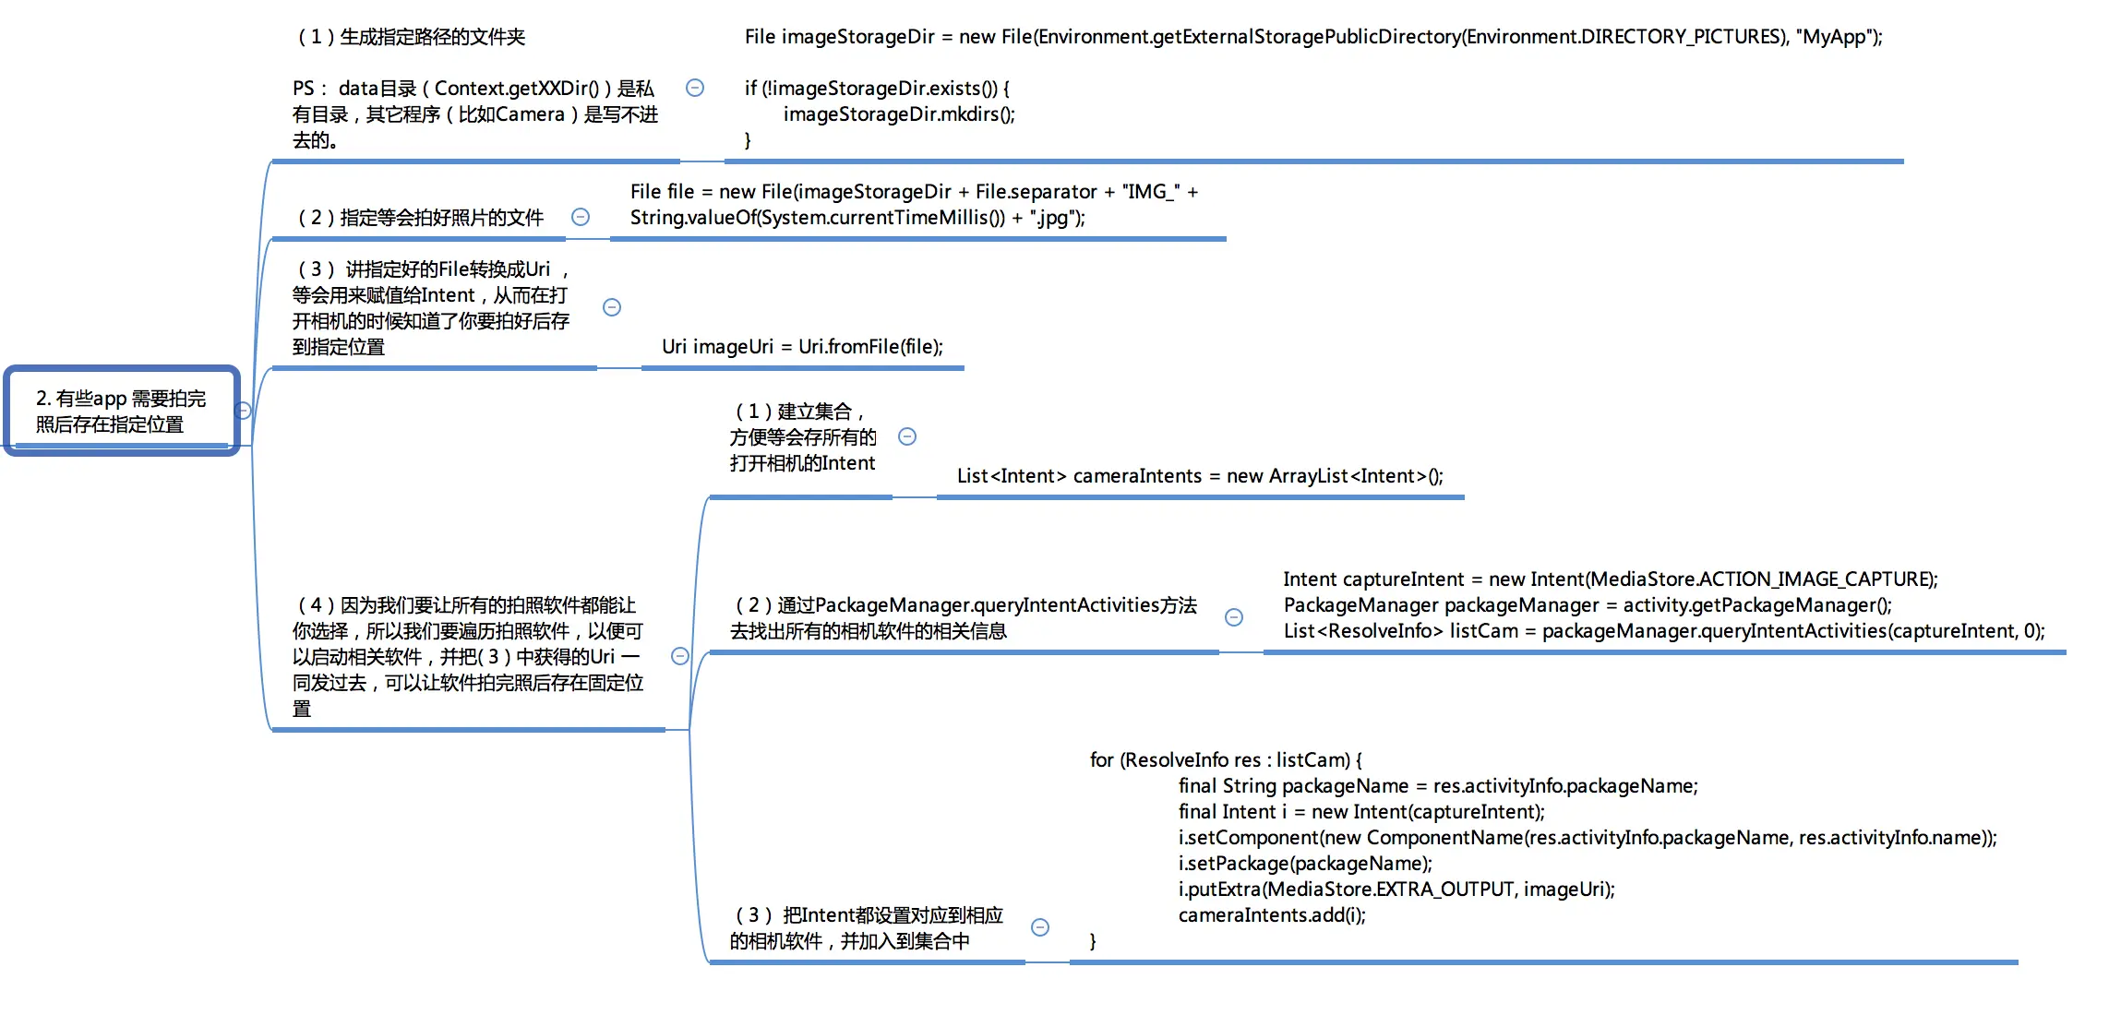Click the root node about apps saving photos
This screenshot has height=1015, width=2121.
point(121,412)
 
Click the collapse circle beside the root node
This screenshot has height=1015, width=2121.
point(243,411)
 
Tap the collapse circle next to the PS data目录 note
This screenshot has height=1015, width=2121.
point(695,88)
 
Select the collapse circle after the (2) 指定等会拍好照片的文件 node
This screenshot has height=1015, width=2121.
point(581,217)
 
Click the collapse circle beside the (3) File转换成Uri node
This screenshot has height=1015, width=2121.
point(612,307)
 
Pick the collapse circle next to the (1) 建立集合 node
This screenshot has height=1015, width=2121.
point(907,436)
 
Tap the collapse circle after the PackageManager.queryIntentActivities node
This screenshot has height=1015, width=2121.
point(1234,617)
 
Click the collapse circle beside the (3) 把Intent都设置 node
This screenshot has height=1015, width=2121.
point(1040,927)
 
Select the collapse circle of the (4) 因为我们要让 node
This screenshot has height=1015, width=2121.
point(680,656)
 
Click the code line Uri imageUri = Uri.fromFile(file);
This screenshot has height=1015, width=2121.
point(802,347)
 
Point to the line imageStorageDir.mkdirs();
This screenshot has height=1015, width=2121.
point(898,114)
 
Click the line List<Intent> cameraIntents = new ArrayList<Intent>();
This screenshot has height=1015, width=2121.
point(1200,476)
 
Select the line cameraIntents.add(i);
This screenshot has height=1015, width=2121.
point(1271,915)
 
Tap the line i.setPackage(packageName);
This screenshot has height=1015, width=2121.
point(1304,864)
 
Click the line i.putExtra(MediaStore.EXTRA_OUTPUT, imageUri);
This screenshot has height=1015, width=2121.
point(1396,890)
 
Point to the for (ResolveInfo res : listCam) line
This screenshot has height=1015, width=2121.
point(1225,760)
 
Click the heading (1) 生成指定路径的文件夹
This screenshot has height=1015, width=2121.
point(411,37)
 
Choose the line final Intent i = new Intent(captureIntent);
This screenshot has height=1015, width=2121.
point(1360,812)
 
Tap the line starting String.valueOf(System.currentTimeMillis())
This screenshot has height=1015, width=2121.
point(857,218)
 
